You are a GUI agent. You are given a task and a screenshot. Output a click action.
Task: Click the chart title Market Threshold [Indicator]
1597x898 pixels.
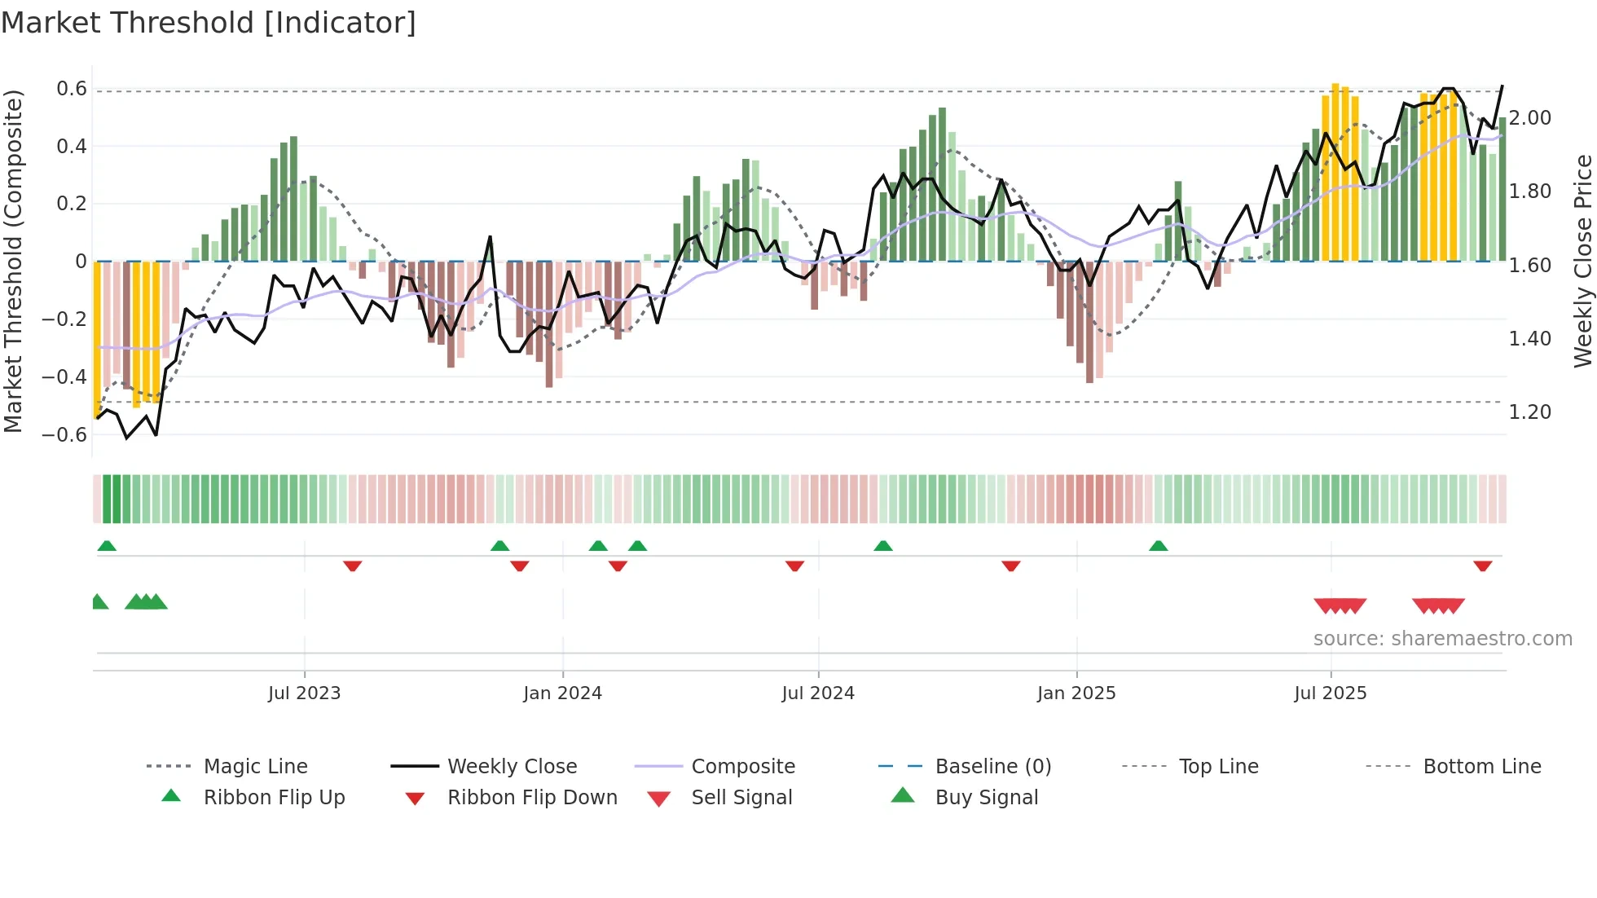coord(209,22)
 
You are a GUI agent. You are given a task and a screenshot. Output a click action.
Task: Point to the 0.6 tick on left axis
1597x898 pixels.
coord(72,88)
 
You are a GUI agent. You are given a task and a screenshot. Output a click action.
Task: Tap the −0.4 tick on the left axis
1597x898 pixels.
coord(65,376)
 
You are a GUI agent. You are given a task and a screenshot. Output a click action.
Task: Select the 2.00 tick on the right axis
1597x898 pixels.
coord(1530,117)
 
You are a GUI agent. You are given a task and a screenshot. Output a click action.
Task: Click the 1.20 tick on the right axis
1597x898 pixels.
coord(1530,412)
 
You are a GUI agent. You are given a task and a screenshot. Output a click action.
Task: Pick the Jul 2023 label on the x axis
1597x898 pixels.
coord(304,693)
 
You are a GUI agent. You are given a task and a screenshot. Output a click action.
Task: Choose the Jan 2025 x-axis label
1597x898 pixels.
coord(1076,693)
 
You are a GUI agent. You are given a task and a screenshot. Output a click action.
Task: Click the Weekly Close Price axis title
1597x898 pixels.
coord(1582,261)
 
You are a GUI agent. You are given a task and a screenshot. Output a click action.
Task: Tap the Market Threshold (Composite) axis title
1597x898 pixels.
coord(13,261)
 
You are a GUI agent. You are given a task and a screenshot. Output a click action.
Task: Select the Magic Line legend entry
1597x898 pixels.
coord(255,766)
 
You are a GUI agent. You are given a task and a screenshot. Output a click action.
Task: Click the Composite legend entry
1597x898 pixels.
coord(742,766)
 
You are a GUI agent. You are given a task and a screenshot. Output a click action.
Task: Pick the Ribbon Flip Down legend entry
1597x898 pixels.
coord(532,797)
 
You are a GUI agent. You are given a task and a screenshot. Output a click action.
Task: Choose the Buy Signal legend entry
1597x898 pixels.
coord(986,797)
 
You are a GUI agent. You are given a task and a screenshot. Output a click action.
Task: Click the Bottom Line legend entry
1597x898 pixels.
coord(1481,766)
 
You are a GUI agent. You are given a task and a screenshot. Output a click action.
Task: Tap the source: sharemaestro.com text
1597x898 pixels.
coord(1442,638)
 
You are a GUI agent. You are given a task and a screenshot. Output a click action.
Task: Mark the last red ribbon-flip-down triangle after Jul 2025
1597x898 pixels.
coord(1483,566)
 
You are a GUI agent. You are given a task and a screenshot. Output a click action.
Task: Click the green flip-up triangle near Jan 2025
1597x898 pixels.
coord(1158,546)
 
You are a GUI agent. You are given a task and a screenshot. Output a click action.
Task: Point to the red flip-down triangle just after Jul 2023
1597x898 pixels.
coord(352,566)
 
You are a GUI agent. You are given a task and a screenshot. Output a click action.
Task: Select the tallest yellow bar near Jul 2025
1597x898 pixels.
coord(1335,171)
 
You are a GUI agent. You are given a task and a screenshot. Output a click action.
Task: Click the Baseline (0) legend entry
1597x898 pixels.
coord(992,766)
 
